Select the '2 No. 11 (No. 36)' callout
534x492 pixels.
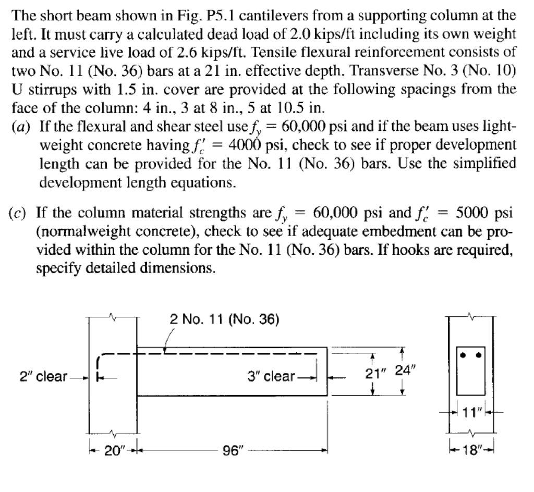click(224, 318)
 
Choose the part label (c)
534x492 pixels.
click(22, 214)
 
